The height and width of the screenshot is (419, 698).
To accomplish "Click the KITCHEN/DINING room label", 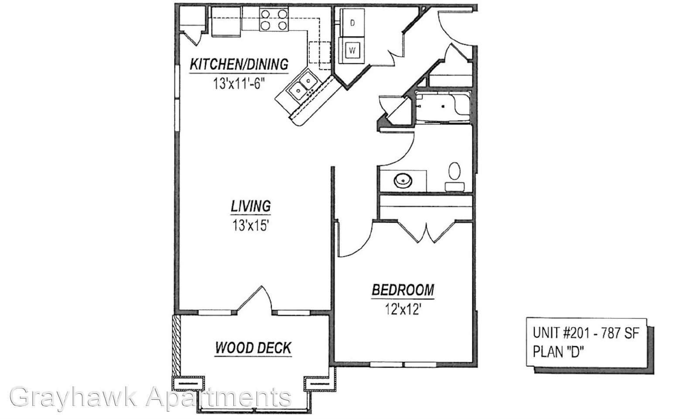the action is (x=239, y=64).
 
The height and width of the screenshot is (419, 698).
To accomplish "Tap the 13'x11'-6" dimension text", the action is (x=239, y=83).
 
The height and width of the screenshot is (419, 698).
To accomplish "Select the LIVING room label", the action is (x=250, y=206).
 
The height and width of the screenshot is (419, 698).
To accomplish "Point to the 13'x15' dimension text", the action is (x=250, y=225).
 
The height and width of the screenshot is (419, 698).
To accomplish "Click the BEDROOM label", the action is (x=403, y=290).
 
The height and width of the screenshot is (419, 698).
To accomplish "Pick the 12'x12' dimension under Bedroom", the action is (x=403, y=309).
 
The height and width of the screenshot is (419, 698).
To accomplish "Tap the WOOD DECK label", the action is (x=253, y=347).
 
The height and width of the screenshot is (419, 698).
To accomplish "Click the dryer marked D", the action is (x=352, y=23).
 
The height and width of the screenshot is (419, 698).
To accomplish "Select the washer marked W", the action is (x=352, y=50).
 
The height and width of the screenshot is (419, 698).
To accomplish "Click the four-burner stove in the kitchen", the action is (x=274, y=19).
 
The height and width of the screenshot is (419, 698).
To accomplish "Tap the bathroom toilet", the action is (x=455, y=177).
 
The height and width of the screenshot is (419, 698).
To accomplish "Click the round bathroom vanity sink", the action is (x=403, y=181).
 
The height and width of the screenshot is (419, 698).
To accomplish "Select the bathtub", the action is (x=443, y=106).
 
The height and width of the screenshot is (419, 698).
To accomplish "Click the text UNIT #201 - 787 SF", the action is (x=586, y=333).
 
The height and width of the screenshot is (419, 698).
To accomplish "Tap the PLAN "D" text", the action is (x=558, y=352).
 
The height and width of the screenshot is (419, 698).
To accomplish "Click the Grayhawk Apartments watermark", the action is (x=151, y=397).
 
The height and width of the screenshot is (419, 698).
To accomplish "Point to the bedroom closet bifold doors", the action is (x=426, y=231).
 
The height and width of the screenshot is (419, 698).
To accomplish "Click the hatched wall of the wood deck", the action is (x=176, y=345).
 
